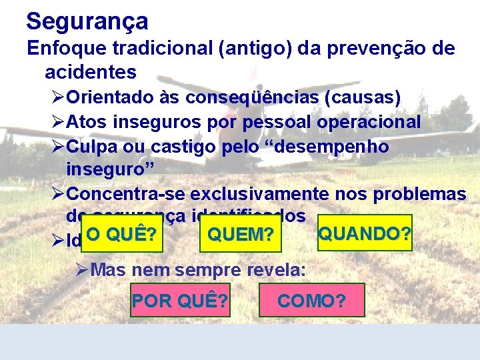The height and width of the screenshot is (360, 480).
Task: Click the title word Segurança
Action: [x=87, y=21]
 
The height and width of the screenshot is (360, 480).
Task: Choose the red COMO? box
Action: [x=311, y=301]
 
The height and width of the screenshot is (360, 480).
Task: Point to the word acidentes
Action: [x=91, y=71]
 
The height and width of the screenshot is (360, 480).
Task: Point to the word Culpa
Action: [x=93, y=147]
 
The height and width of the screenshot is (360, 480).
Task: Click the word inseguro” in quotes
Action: [x=111, y=169]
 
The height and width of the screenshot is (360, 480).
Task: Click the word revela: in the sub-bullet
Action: [x=275, y=270]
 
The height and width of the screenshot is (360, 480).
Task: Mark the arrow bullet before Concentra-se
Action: [x=58, y=194]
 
